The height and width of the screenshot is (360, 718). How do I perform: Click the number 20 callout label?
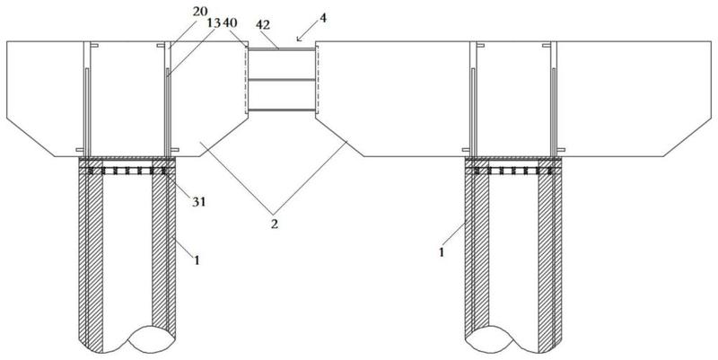coord(200,13)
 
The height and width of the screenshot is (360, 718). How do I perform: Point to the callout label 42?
coord(263,26)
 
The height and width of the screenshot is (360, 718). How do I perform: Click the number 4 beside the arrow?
coord(324,19)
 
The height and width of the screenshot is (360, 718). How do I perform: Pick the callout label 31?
coord(198,201)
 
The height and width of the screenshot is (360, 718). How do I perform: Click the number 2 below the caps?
coord(274,224)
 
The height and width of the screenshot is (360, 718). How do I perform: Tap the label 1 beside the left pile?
coord(197,260)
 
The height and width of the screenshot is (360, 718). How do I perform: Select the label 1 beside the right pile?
coord(442,252)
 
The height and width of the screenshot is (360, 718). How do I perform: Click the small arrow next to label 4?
coord(304,33)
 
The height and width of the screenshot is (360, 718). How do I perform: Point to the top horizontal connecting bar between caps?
coord(282,49)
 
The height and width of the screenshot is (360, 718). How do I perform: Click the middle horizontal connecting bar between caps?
coord(282,80)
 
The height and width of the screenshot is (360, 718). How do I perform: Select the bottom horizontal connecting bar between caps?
coord(282,110)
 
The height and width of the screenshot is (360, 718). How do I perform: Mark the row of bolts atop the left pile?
coord(127,171)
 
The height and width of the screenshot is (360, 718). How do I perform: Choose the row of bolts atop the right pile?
coord(513,171)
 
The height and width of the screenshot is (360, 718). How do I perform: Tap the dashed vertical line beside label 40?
coord(246,80)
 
